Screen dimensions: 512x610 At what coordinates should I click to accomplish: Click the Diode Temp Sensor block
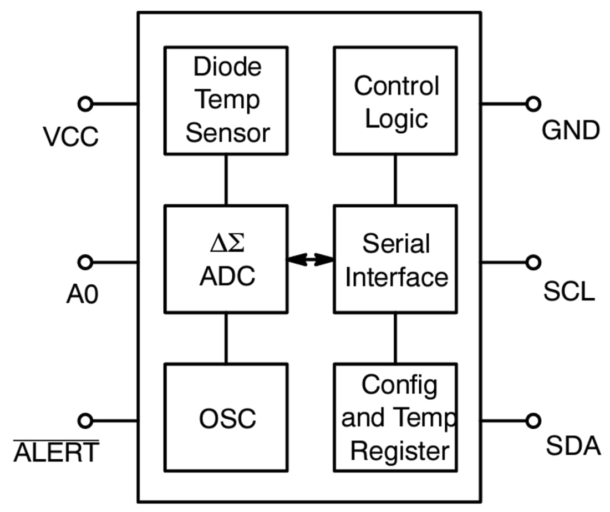click(226, 101)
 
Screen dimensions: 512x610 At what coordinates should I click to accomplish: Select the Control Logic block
click(395, 101)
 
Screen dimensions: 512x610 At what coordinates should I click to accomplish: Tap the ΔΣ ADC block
click(226, 259)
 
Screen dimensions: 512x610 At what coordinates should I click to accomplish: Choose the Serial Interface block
click(395, 259)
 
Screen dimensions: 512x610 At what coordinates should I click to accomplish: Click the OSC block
click(226, 417)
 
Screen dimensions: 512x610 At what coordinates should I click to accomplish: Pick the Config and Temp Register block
click(395, 417)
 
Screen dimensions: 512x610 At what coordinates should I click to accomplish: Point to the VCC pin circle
click(85, 103)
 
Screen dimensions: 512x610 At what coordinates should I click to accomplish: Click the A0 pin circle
click(85, 262)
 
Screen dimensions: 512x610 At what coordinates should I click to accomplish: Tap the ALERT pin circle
click(85, 420)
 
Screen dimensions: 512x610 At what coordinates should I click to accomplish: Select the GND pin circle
click(533, 103)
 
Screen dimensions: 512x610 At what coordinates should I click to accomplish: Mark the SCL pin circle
click(533, 262)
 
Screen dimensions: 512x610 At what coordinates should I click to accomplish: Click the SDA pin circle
click(533, 420)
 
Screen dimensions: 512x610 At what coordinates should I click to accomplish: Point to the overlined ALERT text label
click(56, 453)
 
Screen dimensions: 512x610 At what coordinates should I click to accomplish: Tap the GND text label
click(570, 132)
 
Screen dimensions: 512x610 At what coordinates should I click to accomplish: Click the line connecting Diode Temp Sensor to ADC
click(226, 180)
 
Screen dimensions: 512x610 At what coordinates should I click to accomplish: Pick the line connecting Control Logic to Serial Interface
click(395, 180)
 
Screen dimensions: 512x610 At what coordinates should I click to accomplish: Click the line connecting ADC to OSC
click(226, 338)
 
